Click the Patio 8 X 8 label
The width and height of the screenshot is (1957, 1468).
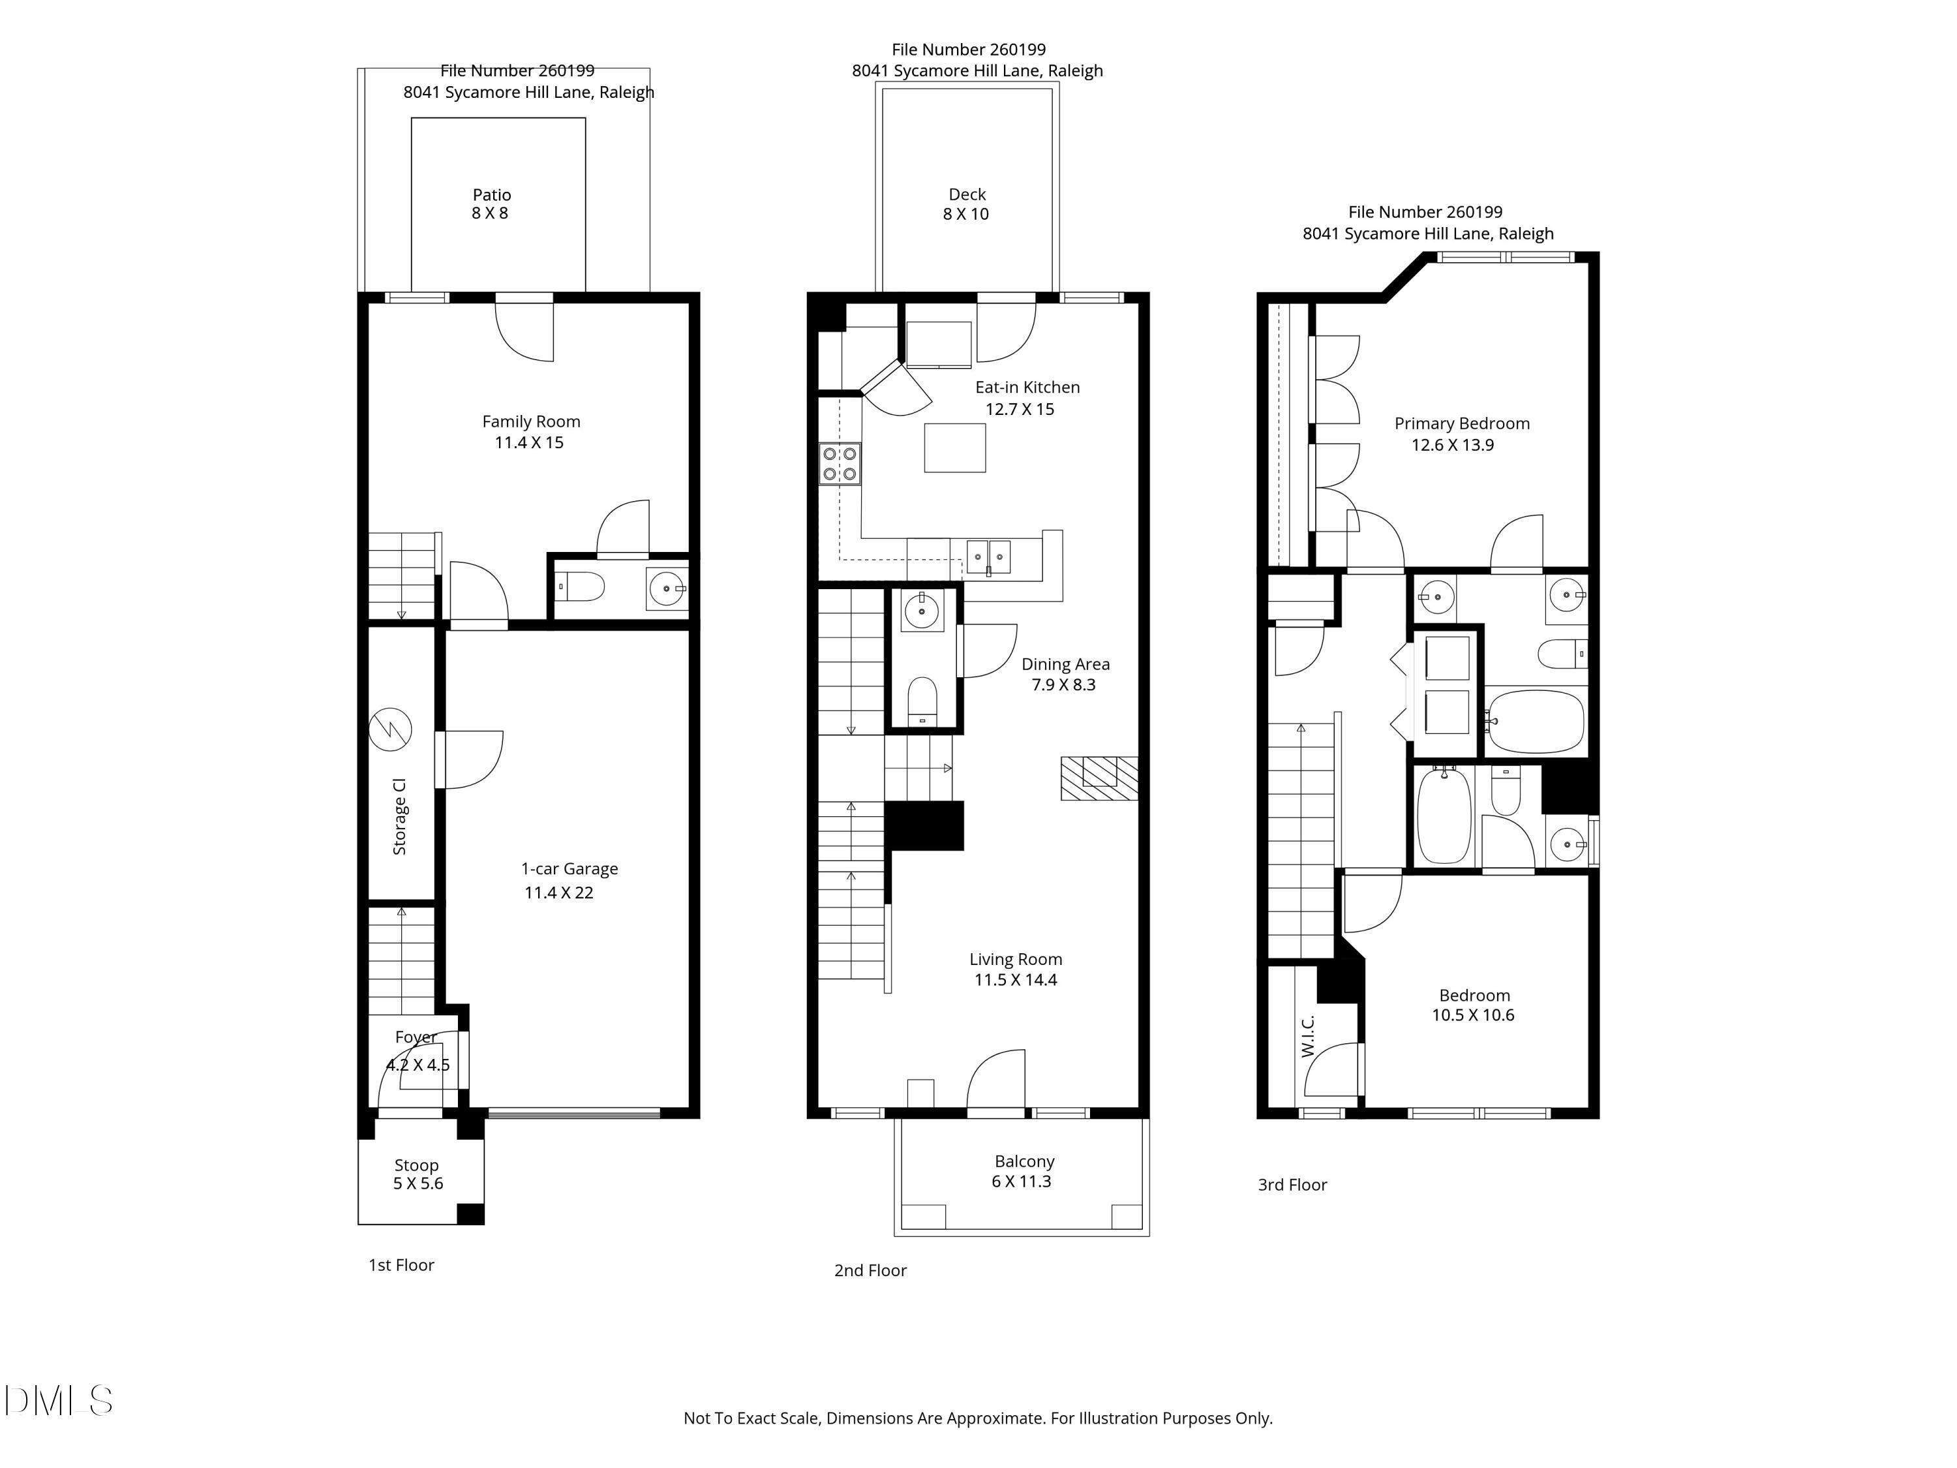(491, 204)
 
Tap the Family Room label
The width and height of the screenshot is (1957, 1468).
(531, 422)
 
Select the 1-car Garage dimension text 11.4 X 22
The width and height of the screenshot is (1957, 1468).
(558, 893)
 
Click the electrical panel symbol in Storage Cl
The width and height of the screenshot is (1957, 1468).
(390, 729)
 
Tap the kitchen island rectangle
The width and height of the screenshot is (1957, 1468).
(954, 448)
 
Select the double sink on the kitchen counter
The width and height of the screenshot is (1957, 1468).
(988, 557)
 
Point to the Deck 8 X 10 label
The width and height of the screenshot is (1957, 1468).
(966, 204)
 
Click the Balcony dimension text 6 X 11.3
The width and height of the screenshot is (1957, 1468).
(1021, 1182)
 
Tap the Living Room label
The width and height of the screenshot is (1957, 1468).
(1015, 959)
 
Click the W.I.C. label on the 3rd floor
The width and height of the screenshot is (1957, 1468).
(1309, 1035)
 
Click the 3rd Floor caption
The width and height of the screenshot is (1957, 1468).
(1292, 1185)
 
